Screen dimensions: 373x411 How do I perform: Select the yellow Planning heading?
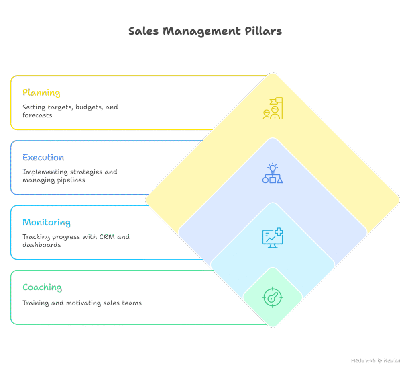click(41, 93)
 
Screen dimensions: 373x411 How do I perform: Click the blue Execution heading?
click(43, 158)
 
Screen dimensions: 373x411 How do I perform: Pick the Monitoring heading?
click(47, 223)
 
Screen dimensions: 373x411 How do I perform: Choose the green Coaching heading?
click(42, 287)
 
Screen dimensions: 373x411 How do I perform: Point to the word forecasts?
click(37, 115)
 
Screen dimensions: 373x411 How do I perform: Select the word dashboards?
click(42, 245)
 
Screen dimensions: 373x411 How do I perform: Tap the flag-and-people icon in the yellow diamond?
click(273, 108)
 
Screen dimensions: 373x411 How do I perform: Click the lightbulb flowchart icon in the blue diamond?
click(273, 174)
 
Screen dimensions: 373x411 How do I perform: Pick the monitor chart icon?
click(273, 238)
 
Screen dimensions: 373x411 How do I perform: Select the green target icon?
click(273, 298)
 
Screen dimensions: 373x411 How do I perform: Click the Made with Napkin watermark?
click(375, 361)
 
